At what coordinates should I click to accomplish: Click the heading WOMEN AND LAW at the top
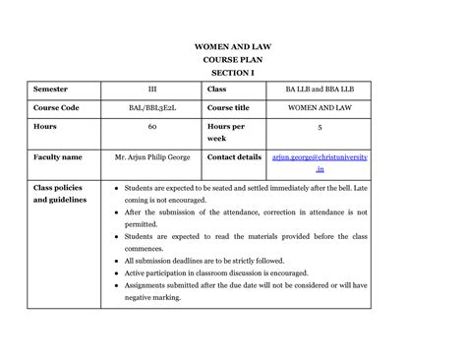click(234, 46)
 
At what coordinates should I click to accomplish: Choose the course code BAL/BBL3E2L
click(151, 107)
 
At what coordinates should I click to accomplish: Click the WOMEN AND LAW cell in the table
click(320, 107)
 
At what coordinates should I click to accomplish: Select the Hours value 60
click(152, 127)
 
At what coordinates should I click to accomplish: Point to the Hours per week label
click(225, 132)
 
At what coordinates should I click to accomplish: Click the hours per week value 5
click(320, 127)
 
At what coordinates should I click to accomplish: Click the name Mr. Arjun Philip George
click(152, 156)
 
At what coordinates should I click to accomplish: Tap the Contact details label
click(234, 156)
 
